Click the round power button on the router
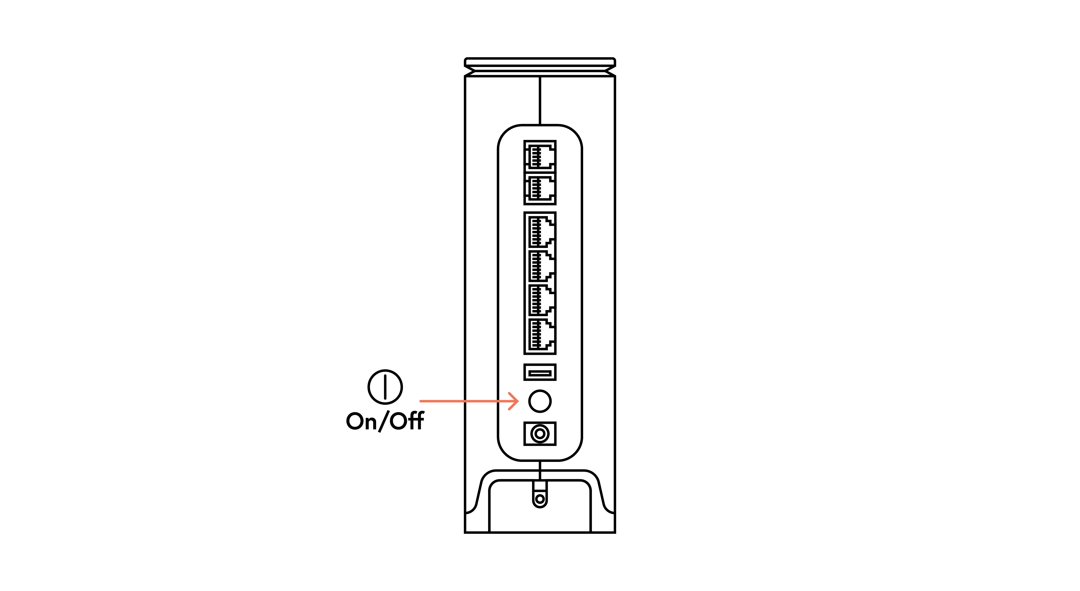coord(540,401)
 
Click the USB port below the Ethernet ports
coord(540,372)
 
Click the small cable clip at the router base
coord(540,495)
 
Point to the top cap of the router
coord(540,67)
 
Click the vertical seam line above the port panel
coord(540,100)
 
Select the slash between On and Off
coord(383,421)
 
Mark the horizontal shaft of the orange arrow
coord(469,401)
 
